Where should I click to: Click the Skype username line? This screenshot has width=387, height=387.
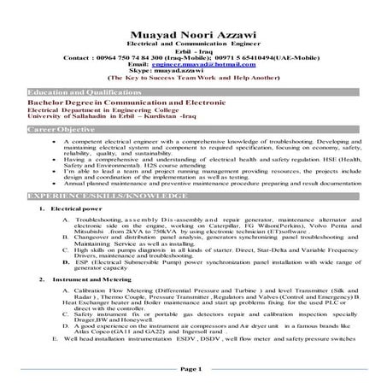[192, 70]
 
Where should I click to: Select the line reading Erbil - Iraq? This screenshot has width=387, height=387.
[192, 50]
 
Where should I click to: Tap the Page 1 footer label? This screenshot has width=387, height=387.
[193, 368]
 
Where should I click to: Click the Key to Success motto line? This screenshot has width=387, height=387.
[193, 77]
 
